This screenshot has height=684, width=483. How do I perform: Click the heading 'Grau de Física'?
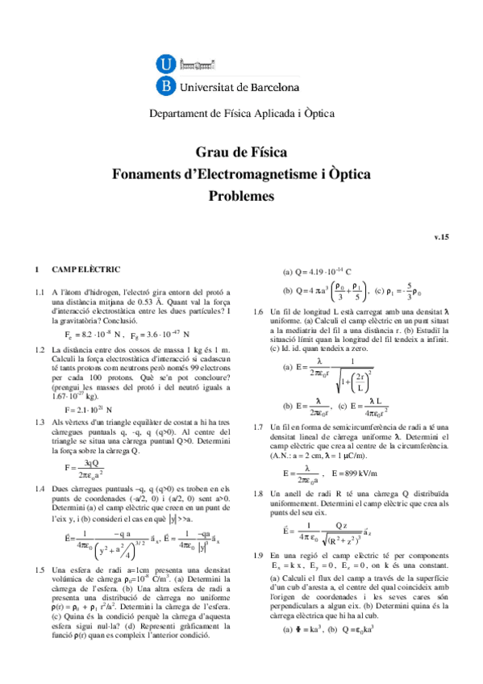tap(241, 152)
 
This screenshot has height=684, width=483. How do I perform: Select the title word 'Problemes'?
tap(241, 195)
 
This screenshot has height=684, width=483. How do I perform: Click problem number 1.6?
tap(260, 311)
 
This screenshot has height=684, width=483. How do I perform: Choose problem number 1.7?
tap(260, 427)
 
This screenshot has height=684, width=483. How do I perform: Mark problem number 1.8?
tap(260, 492)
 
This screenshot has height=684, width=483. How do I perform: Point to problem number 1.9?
tap(260, 578)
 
